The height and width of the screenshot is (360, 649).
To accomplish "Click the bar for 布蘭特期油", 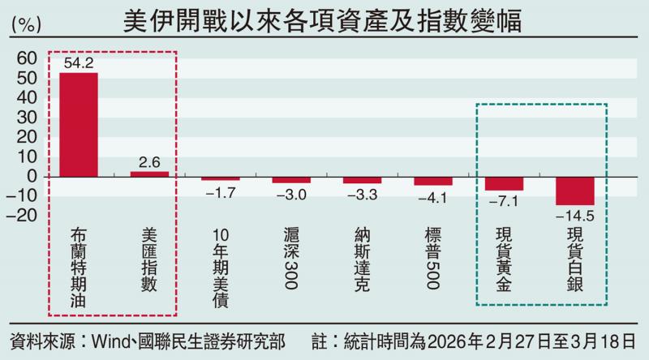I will tap(79, 124).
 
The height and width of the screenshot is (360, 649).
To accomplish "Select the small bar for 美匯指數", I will tap(149, 174).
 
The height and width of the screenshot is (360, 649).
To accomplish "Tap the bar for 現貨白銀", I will tap(575, 191).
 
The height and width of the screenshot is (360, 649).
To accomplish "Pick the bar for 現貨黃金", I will tap(504, 183).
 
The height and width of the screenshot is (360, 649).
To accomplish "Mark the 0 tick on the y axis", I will tap(32, 176).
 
